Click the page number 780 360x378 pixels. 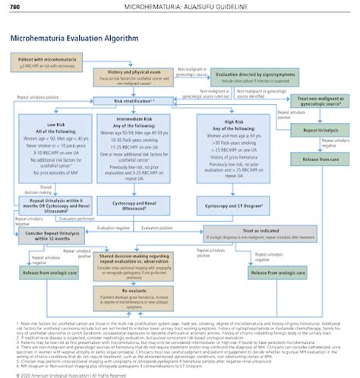(14, 7)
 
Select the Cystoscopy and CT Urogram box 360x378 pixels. (229, 206)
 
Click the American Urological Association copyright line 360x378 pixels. (64, 373)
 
